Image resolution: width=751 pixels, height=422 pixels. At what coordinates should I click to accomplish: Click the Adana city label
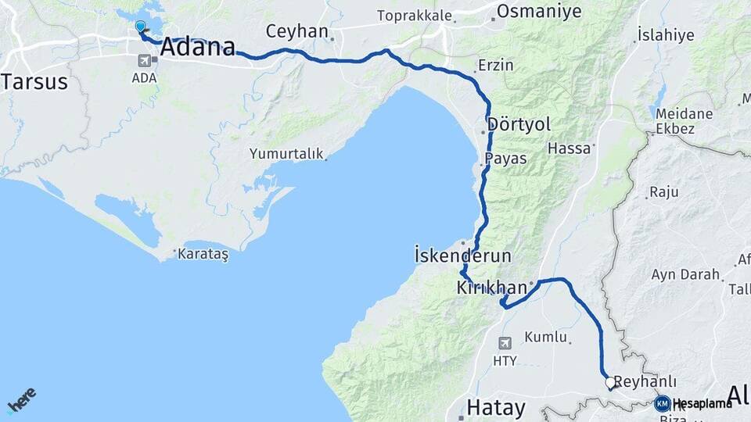pyautogui.click(x=197, y=48)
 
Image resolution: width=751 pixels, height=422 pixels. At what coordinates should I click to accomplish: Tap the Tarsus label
pyautogui.click(x=34, y=81)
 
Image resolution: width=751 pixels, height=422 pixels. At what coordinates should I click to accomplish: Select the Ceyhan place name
pyautogui.click(x=296, y=31)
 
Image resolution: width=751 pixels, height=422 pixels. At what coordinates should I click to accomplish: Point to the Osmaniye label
pyautogui.click(x=540, y=11)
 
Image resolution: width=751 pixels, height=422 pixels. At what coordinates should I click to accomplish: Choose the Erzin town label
pyautogui.click(x=495, y=65)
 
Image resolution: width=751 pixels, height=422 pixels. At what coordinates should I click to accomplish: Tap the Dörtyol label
pyautogui.click(x=519, y=124)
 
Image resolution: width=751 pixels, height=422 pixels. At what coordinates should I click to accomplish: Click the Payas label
pyautogui.click(x=505, y=159)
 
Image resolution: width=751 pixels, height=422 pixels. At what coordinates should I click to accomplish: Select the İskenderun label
pyautogui.click(x=462, y=256)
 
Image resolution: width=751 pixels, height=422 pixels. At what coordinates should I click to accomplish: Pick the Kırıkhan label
pyautogui.click(x=491, y=288)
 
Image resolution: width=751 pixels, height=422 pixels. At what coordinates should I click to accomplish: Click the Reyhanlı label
pyautogui.click(x=645, y=381)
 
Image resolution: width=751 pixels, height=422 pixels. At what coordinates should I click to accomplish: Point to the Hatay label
pyautogui.click(x=496, y=407)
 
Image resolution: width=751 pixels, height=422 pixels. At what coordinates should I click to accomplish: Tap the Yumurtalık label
pyautogui.click(x=286, y=154)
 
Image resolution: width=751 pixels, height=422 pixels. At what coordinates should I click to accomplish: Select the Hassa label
pyautogui.click(x=569, y=148)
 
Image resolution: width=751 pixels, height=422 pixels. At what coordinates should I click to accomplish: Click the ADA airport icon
pyautogui.click(x=145, y=60)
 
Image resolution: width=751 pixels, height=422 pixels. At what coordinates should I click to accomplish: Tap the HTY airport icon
pyautogui.click(x=505, y=342)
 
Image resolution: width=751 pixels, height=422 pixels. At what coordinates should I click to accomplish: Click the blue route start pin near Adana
pyautogui.click(x=140, y=27)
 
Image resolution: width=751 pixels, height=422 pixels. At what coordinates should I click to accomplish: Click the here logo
pyautogui.click(x=22, y=401)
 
